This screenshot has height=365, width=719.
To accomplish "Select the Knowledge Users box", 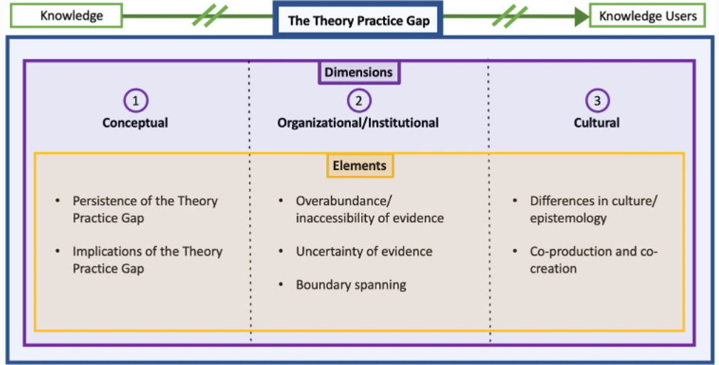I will [648, 16].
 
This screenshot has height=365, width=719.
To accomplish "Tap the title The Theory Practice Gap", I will [359, 21].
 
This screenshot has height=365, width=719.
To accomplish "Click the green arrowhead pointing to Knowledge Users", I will [581, 16].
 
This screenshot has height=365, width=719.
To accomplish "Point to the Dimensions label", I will [359, 72].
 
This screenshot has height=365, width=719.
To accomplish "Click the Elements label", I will [359, 166].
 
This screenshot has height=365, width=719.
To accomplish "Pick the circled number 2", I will [359, 100].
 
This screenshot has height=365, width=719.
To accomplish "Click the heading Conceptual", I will [135, 122].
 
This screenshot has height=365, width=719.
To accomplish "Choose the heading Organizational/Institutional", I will [358, 122].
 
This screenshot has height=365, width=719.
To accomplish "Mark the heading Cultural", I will [597, 122].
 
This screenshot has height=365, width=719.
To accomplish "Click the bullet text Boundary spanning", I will [351, 285].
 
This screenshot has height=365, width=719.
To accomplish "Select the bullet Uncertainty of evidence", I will [364, 251].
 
